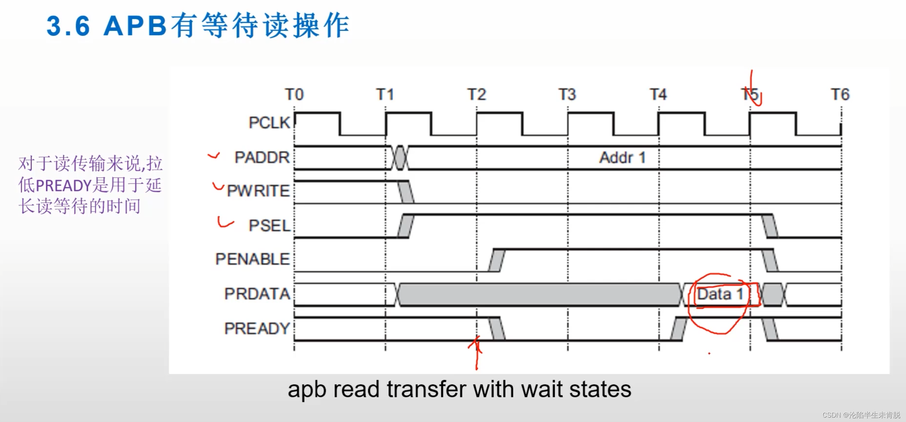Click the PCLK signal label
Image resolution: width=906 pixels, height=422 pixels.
tap(269, 123)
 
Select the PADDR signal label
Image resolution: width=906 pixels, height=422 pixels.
tap(262, 158)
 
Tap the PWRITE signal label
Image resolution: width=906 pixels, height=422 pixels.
tap(258, 191)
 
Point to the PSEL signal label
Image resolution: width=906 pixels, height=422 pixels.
tap(270, 226)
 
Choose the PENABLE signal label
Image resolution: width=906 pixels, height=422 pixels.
tap(253, 259)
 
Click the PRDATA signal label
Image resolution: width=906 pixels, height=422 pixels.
tap(257, 294)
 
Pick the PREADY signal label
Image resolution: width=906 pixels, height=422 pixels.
tap(257, 328)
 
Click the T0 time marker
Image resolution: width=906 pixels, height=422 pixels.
tap(294, 95)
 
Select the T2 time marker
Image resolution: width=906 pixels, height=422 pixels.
tap(477, 95)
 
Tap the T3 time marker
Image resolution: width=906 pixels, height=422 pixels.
tap(567, 95)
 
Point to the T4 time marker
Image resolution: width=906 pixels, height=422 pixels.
tap(658, 95)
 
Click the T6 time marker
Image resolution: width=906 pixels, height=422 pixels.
tap(841, 95)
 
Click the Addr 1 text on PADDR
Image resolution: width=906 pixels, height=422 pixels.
tap(622, 158)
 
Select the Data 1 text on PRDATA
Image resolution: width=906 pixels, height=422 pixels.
tap(720, 294)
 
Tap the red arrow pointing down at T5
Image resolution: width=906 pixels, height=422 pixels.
tap(752, 88)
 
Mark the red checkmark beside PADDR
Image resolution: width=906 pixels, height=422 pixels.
tap(214, 156)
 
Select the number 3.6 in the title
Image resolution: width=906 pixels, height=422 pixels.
tap(68, 27)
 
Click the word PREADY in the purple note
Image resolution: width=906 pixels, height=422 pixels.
tap(64, 186)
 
